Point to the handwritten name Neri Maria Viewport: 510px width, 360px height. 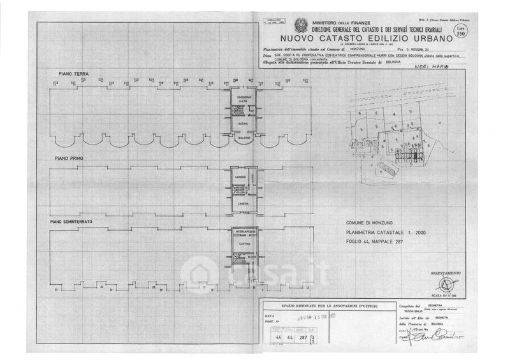(x=428, y=66)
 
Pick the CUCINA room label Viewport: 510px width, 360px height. (x=242, y=122)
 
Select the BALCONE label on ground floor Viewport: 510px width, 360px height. (x=242, y=138)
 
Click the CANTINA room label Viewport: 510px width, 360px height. (x=242, y=244)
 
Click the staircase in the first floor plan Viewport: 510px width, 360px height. (x=239, y=190)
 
